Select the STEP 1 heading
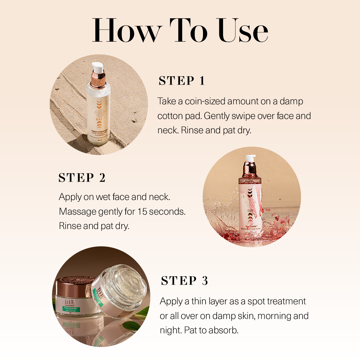pyautogui.click(x=182, y=81)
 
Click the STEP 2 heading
pyautogui.click(x=82, y=178)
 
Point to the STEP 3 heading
pyautogui.click(x=184, y=281)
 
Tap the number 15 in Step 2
pyautogui.click(x=142, y=211)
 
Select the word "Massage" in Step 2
pyautogui.click(x=78, y=211)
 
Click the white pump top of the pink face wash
pyautogui.click(x=250, y=158)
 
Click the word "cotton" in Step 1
pyautogui.click(x=170, y=116)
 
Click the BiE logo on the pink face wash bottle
pyautogui.click(x=250, y=211)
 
